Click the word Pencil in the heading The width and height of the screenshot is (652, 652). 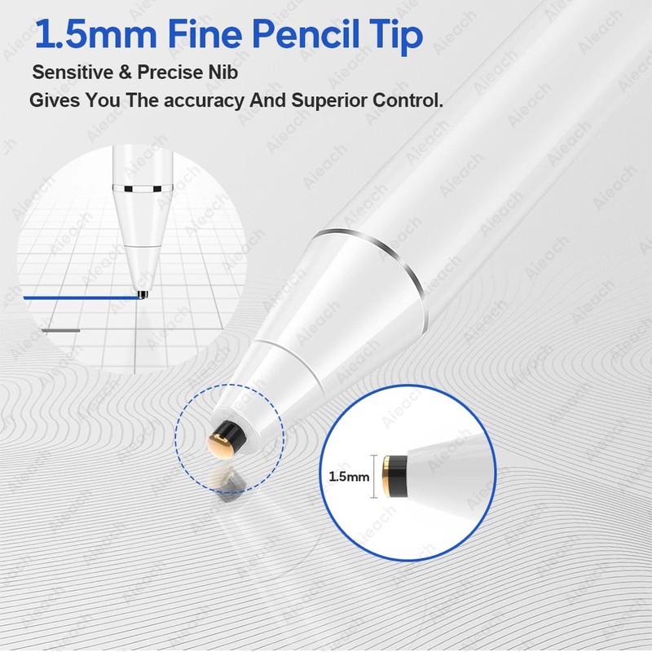click(305, 34)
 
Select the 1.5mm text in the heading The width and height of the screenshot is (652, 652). click(95, 35)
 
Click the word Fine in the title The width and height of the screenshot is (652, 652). click(205, 34)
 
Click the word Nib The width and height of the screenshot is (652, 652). click(222, 72)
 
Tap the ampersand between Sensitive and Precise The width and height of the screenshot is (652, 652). click(126, 73)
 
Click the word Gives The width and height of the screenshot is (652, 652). click(55, 100)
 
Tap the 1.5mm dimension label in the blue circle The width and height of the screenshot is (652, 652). click(349, 476)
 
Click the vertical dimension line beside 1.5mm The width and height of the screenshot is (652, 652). click(376, 476)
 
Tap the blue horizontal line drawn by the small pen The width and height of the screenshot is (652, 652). click(81, 297)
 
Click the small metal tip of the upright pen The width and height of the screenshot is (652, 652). click(143, 294)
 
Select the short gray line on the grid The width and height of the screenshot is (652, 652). click(60, 331)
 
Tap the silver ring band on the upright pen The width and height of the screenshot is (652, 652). click(142, 189)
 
